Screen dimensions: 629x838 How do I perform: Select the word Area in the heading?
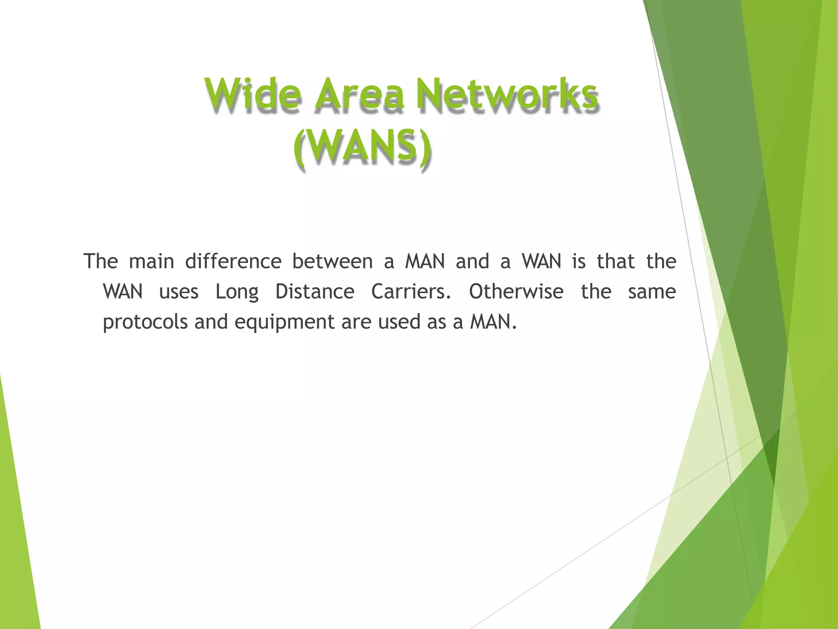[x=360, y=94]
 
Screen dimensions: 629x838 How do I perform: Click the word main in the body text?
[x=151, y=261]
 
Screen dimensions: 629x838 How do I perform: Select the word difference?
[x=233, y=261]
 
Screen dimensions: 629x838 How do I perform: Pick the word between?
[x=332, y=261]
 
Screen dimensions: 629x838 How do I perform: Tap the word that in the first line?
[x=616, y=261]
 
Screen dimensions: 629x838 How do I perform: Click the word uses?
[x=179, y=292]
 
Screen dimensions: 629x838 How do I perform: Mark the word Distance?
[x=315, y=292]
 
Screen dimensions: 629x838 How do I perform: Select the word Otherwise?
[x=516, y=292]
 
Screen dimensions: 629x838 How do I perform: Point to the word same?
[x=651, y=292]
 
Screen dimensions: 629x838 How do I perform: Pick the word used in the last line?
[x=399, y=322]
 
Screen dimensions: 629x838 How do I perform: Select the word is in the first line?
[x=579, y=261]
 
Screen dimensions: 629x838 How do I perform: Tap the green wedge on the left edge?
[x=16, y=532]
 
